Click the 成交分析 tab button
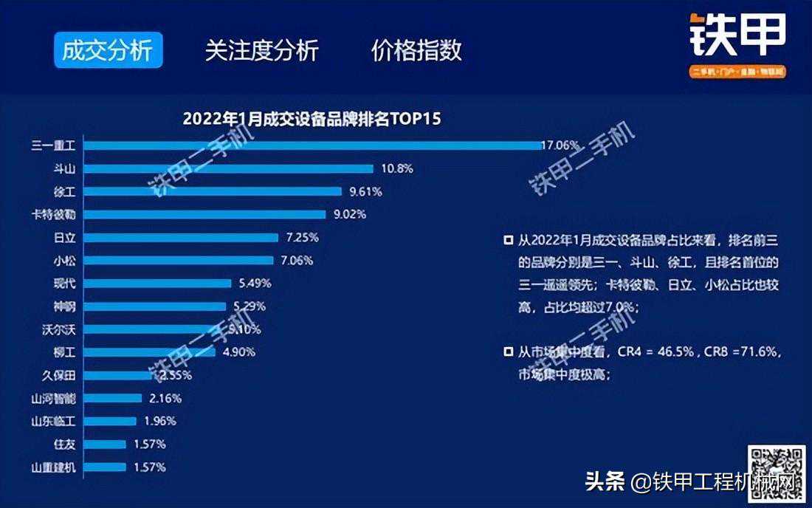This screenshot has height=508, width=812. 108,50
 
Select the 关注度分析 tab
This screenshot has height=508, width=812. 262,50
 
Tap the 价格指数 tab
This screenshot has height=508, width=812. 417,50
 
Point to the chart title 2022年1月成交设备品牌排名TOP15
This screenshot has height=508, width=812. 312,119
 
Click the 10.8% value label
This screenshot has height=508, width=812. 397,168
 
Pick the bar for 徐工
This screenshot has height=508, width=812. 213,191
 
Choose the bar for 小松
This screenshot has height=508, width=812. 178,261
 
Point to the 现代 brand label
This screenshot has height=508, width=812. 65,284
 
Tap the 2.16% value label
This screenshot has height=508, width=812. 165,398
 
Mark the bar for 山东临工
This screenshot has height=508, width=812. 110,421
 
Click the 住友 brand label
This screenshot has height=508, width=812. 65,444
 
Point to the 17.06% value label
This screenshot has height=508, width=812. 560,145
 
